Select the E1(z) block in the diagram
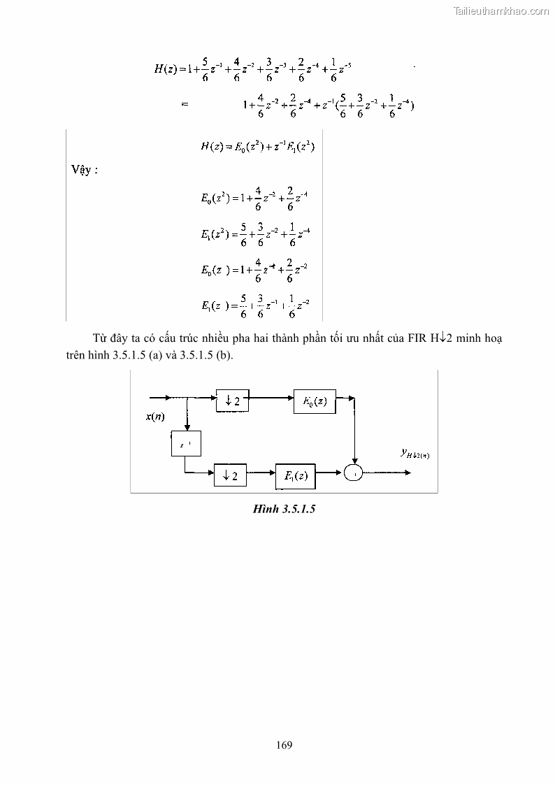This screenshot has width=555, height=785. pyautogui.click(x=295, y=475)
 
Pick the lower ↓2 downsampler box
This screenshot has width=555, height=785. pyautogui.click(x=230, y=475)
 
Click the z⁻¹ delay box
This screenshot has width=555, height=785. pyautogui.click(x=185, y=444)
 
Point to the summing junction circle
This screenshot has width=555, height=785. pyautogui.click(x=355, y=474)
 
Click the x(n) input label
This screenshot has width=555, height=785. pyautogui.click(x=155, y=417)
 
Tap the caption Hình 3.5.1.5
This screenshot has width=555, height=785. pyautogui.click(x=284, y=510)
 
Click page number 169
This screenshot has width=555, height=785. pyautogui.click(x=284, y=744)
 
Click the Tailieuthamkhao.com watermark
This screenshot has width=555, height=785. pyautogui.click(x=501, y=10)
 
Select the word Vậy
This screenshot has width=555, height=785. pyautogui.click(x=84, y=171)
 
